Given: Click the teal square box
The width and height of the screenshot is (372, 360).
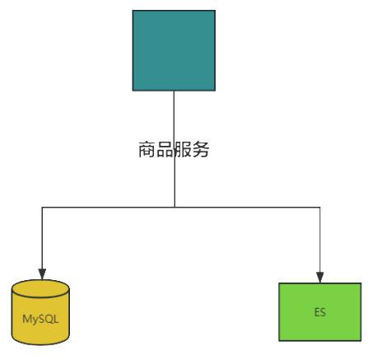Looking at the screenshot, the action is [174, 50].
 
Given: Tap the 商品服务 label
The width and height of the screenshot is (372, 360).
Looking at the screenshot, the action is [174, 149].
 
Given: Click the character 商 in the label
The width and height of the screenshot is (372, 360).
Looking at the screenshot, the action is [147, 149].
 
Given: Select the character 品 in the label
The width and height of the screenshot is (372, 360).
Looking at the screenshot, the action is [165, 149].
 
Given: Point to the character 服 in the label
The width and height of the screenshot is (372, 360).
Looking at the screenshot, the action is [183, 149].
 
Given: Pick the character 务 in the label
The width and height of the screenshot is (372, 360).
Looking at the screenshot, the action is [201, 149].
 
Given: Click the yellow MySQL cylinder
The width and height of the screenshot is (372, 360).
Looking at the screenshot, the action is [40, 312].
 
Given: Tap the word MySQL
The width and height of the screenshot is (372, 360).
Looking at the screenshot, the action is [40, 319].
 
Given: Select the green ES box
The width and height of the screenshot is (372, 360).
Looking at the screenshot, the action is [320, 312].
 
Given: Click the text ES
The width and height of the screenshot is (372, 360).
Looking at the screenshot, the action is [320, 312].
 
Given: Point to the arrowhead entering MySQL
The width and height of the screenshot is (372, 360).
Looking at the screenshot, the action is [42, 274].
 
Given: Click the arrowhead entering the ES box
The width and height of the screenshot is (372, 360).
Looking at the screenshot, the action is [320, 278].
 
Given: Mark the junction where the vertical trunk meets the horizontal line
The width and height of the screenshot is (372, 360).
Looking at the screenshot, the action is [174, 207].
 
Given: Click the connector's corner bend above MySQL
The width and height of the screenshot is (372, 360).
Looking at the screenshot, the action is [42, 207].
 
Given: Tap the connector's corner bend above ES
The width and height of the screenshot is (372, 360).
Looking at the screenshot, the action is [320, 207].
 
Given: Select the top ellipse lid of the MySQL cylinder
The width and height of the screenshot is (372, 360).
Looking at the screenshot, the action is [40, 288].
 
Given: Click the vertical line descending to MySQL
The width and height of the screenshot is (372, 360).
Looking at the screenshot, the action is [42, 238].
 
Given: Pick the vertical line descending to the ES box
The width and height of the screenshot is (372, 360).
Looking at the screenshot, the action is [320, 240].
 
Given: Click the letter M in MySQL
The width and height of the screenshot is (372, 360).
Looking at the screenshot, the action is [26, 319].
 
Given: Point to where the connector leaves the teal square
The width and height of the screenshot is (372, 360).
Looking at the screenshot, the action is [174, 91].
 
